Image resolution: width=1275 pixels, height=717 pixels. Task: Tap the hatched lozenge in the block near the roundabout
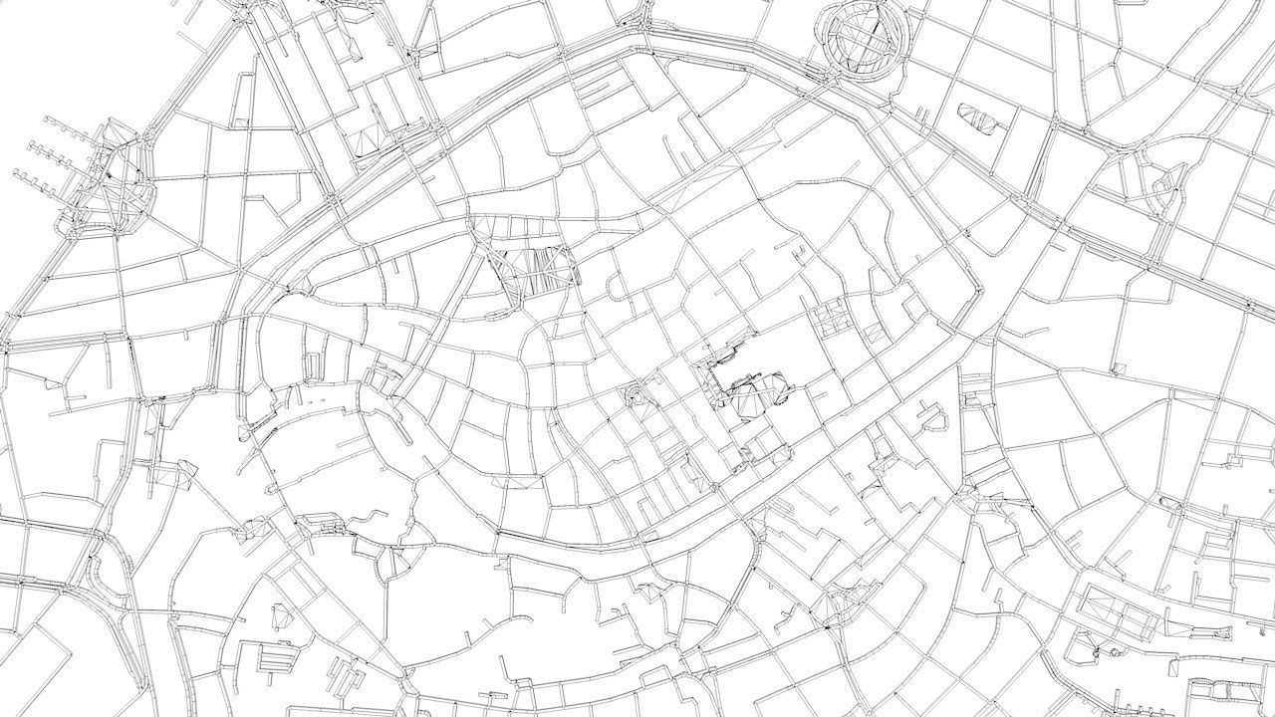[980, 118]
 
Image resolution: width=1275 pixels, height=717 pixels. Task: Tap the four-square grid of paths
[828, 318]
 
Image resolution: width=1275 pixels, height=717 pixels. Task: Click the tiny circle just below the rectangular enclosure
[1095, 652]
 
